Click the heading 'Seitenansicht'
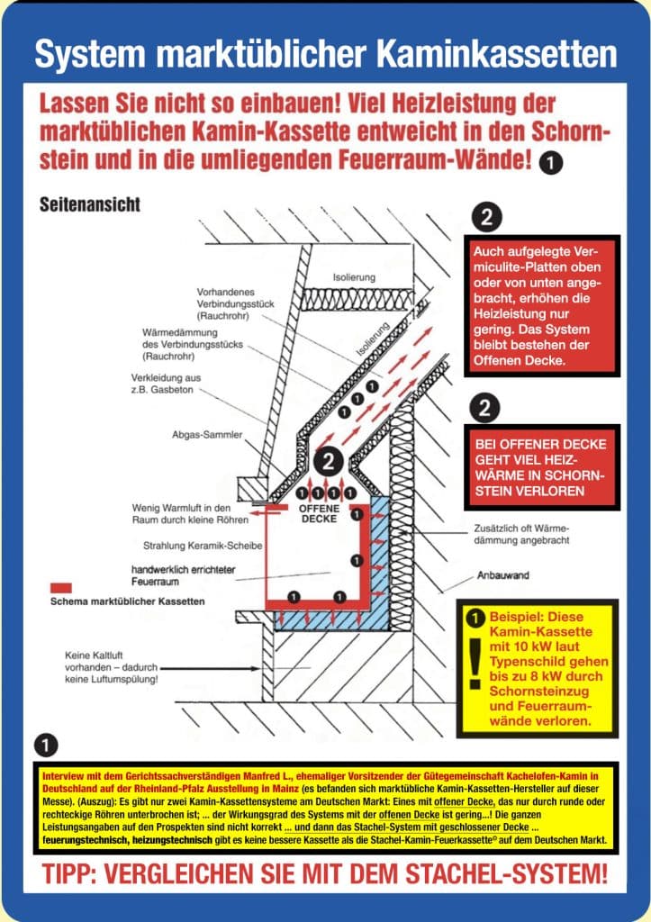pyautogui.click(x=89, y=203)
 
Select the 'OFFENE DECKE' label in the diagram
pyautogui.click(x=318, y=514)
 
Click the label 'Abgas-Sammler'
pyautogui.click(x=207, y=435)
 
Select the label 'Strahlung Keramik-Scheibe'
pyautogui.click(x=196, y=546)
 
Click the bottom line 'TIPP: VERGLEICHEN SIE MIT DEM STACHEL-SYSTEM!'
pyautogui.click(x=325, y=872)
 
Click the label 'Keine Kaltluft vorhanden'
pyautogui.click(x=113, y=667)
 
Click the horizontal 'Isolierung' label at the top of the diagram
pyautogui.click(x=354, y=277)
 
